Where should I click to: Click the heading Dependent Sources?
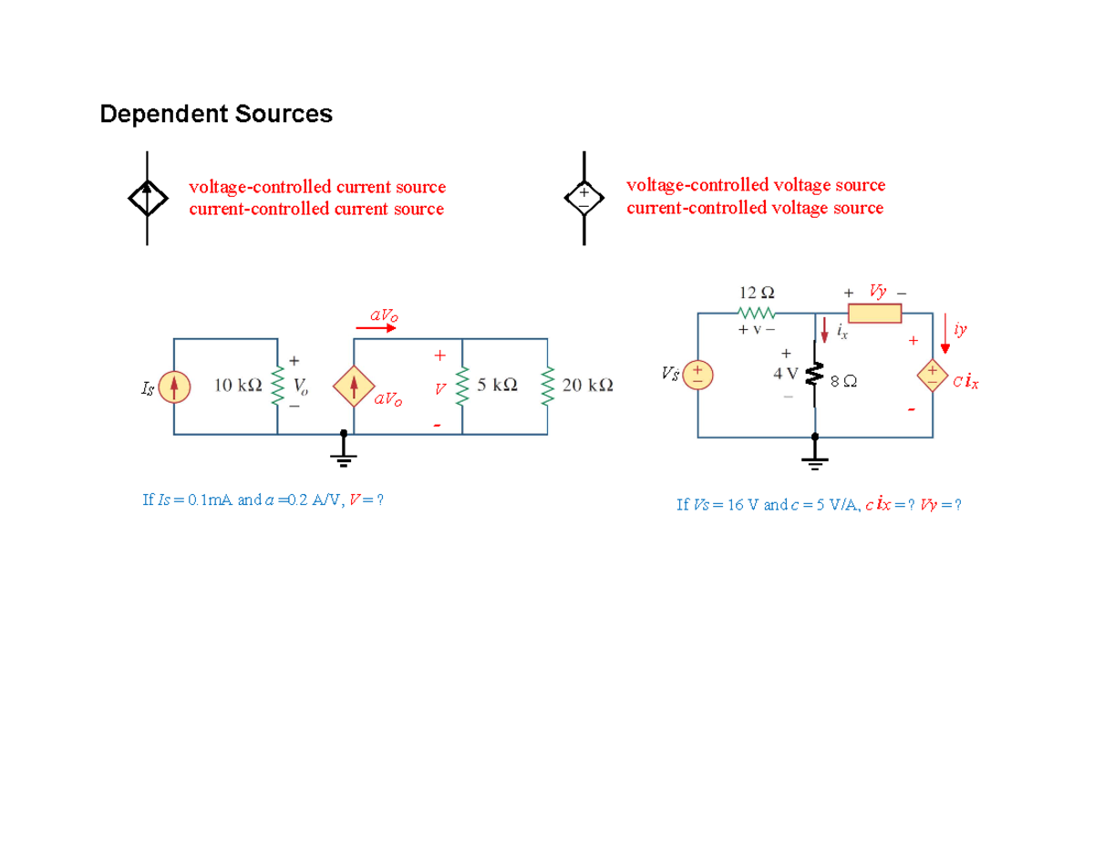(216, 114)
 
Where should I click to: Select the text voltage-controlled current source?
(316, 187)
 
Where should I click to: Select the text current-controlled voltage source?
(754, 208)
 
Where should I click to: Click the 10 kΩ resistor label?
(239, 386)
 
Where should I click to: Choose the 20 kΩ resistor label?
(588, 386)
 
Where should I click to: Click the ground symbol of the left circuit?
(344, 450)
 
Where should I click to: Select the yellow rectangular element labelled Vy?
(874, 314)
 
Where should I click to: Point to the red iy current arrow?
(945, 335)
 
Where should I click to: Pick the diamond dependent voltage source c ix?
(933, 375)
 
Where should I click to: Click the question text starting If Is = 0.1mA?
(263, 500)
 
